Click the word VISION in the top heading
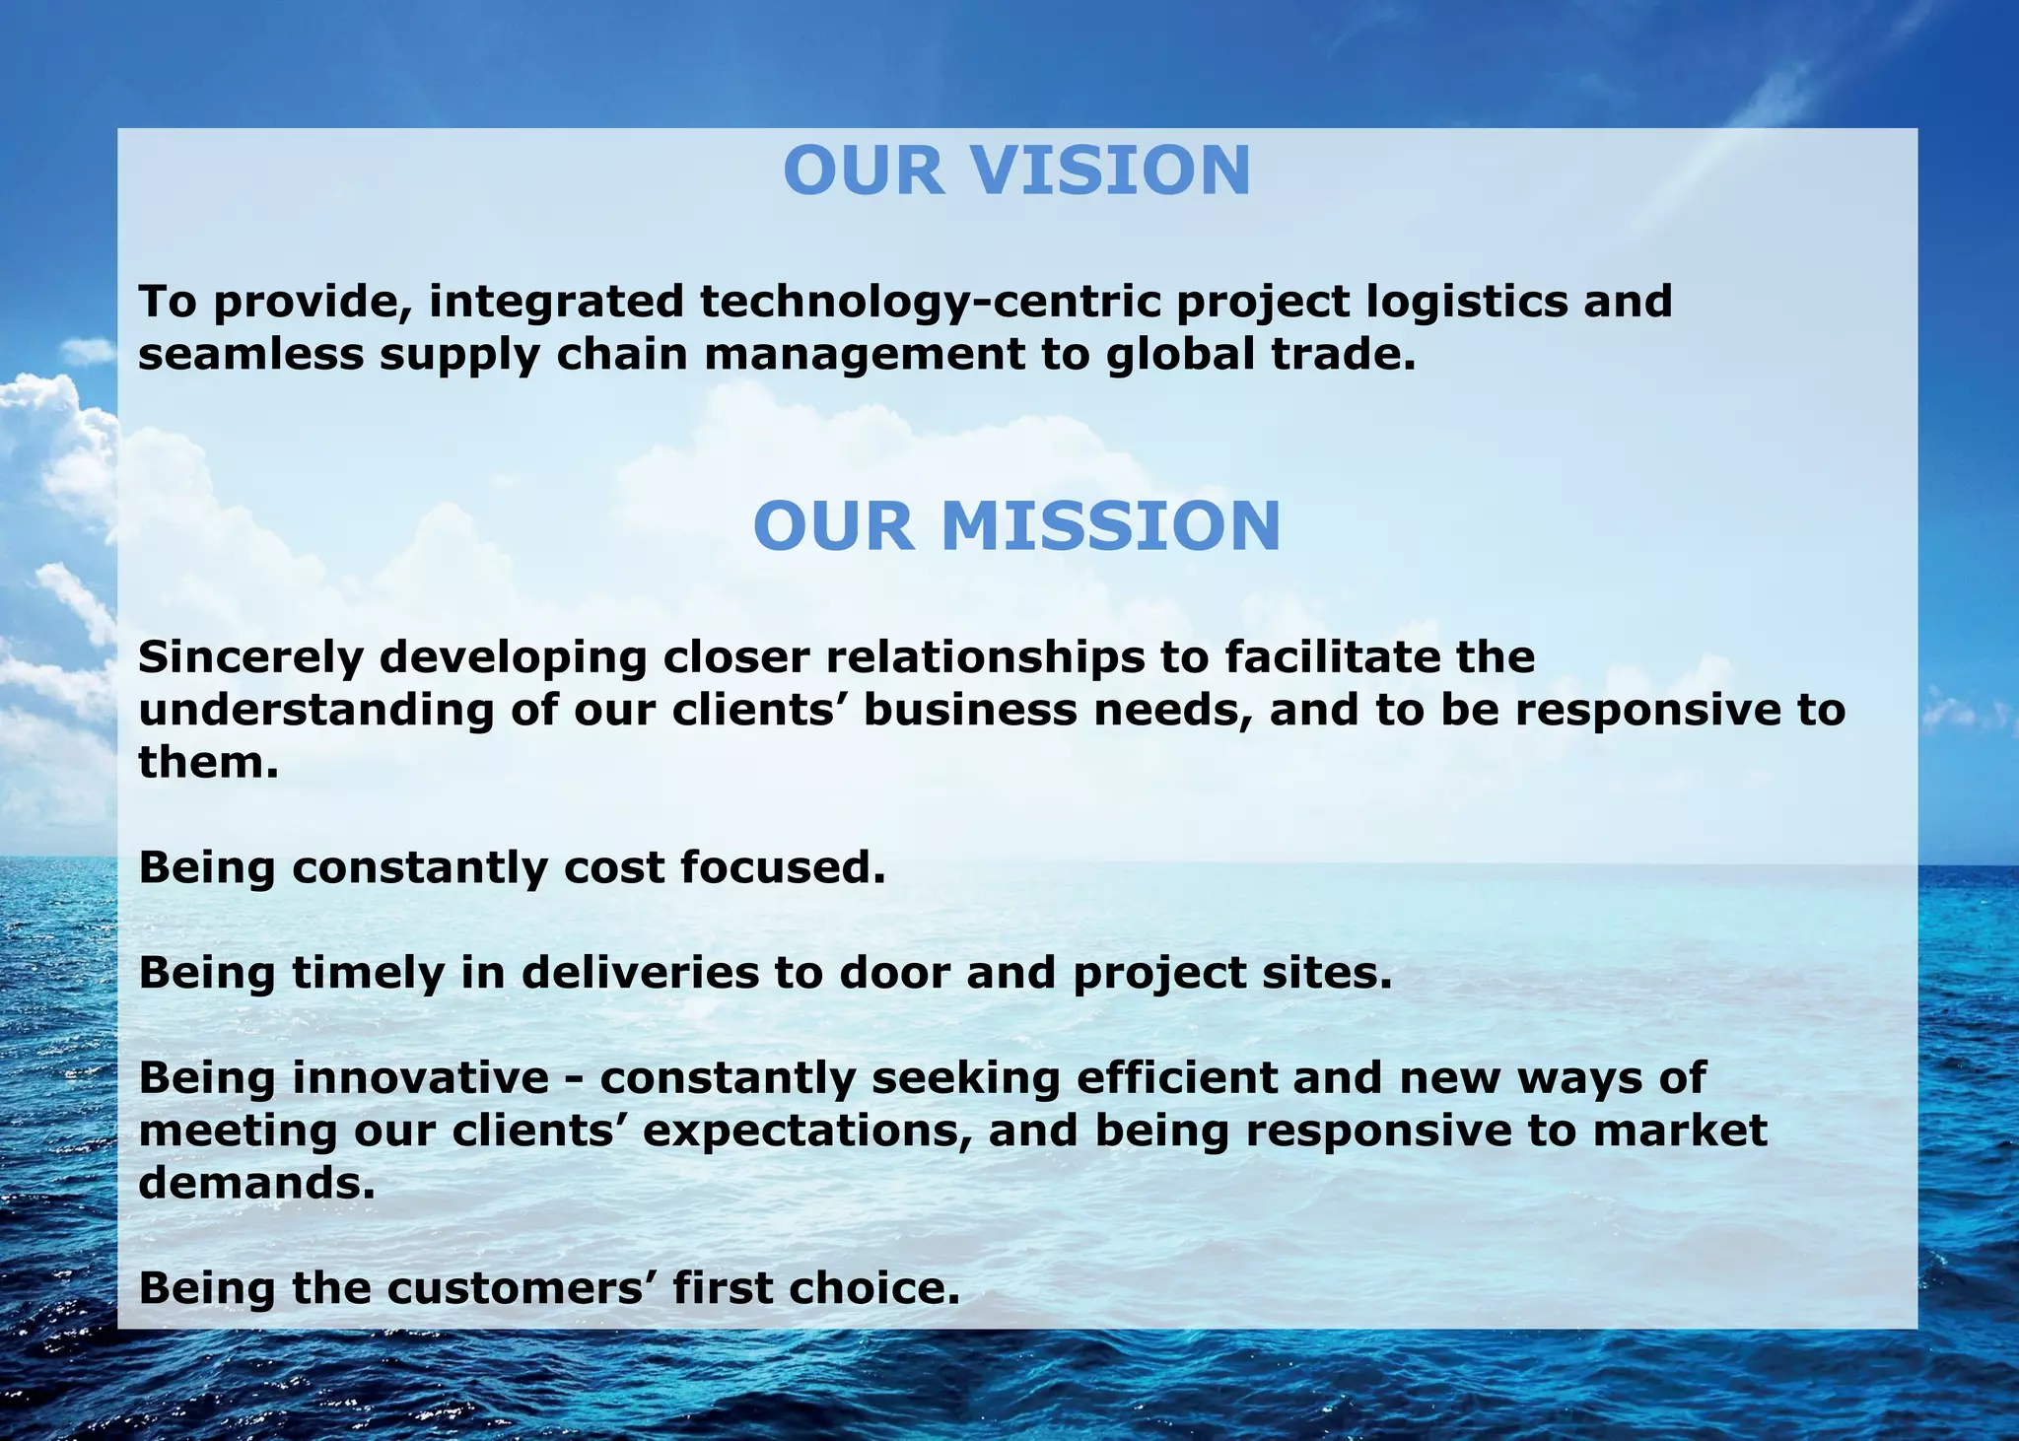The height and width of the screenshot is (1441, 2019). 1111,171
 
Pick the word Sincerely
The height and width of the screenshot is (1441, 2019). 250,656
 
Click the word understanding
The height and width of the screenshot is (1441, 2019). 315,710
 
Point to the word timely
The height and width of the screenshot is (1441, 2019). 368,973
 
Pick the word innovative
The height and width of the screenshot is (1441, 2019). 420,1077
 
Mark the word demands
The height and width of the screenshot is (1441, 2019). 256,1183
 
